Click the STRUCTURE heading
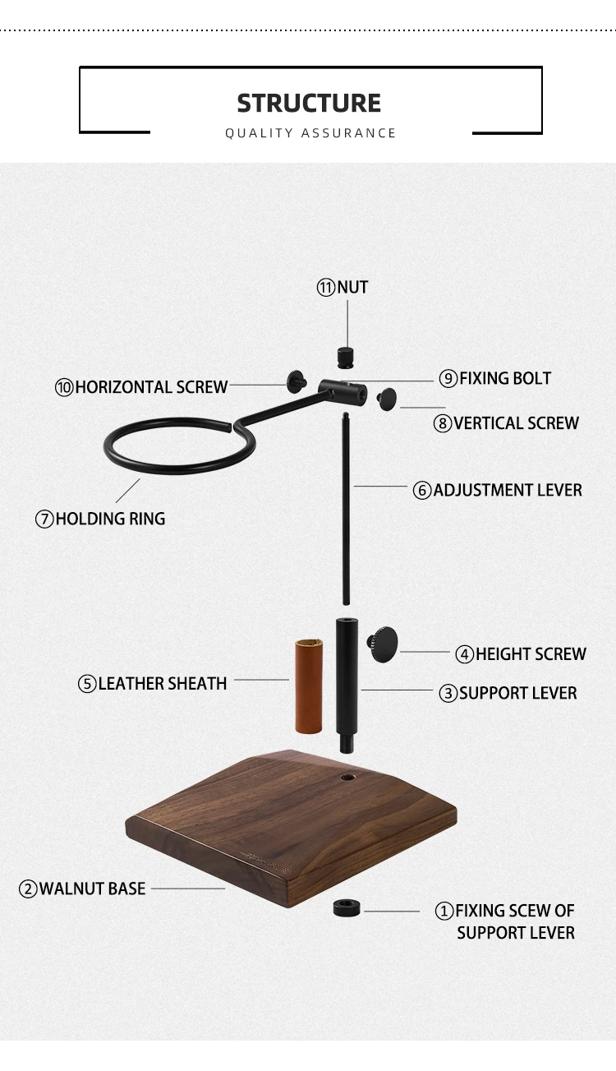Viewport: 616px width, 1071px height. click(309, 104)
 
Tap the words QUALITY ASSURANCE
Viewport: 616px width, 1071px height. click(310, 133)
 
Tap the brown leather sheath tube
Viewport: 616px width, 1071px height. click(307, 686)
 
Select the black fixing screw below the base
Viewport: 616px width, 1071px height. click(347, 908)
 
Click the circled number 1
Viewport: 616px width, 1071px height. click(444, 911)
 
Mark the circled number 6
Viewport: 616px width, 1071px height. click(422, 491)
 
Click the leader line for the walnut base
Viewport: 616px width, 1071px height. click(187, 889)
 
